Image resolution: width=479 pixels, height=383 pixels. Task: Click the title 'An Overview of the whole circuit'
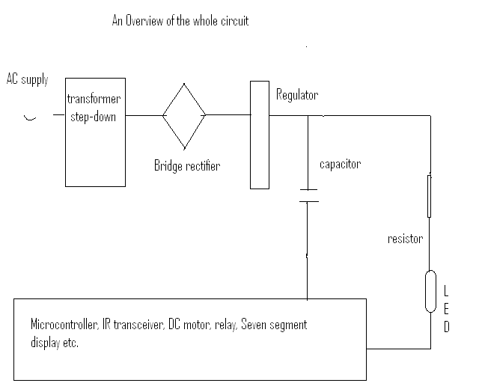pos(180,22)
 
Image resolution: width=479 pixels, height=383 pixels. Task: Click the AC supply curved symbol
pos(31,117)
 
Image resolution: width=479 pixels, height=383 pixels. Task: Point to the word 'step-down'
pos(93,117)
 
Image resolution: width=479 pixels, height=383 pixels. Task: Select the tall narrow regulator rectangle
pos(259,135)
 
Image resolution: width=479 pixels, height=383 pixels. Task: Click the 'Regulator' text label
pos(297,95)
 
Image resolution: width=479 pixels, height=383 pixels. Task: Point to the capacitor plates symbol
pos(308,196)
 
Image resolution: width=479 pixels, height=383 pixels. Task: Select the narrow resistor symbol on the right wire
pos(430,196)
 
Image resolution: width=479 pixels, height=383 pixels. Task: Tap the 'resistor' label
pos(406,239)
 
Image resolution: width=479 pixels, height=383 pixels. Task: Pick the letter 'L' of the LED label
pos(447,289)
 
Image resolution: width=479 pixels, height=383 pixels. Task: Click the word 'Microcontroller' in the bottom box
pos(62,325)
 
